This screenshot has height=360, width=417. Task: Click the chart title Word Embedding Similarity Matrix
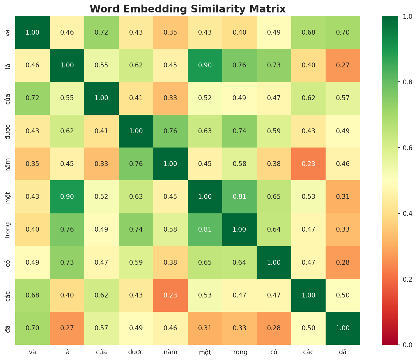[188, 9]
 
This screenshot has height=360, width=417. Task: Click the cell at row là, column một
[205, 65]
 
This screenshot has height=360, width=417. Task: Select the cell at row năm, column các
[308, 164]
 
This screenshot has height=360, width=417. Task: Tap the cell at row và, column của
[101, 32]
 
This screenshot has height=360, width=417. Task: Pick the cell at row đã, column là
[67, 328]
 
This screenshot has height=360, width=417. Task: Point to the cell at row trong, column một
[205, 229]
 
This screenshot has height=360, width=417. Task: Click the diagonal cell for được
[136, 131]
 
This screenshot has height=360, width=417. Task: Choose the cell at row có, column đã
[343, 262]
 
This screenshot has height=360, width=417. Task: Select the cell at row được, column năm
[170, 131]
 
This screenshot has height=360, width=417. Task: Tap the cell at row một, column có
[274, 197]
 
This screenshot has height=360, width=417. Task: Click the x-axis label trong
[239, 352]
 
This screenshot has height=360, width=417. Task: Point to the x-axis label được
[136, 352]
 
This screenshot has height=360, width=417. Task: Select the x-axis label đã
[343, 352]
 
